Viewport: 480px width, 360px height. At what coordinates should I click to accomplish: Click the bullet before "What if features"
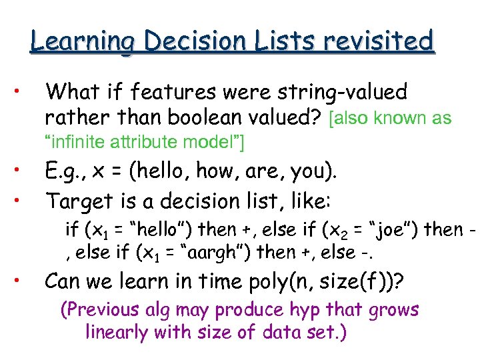[21, 89]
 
